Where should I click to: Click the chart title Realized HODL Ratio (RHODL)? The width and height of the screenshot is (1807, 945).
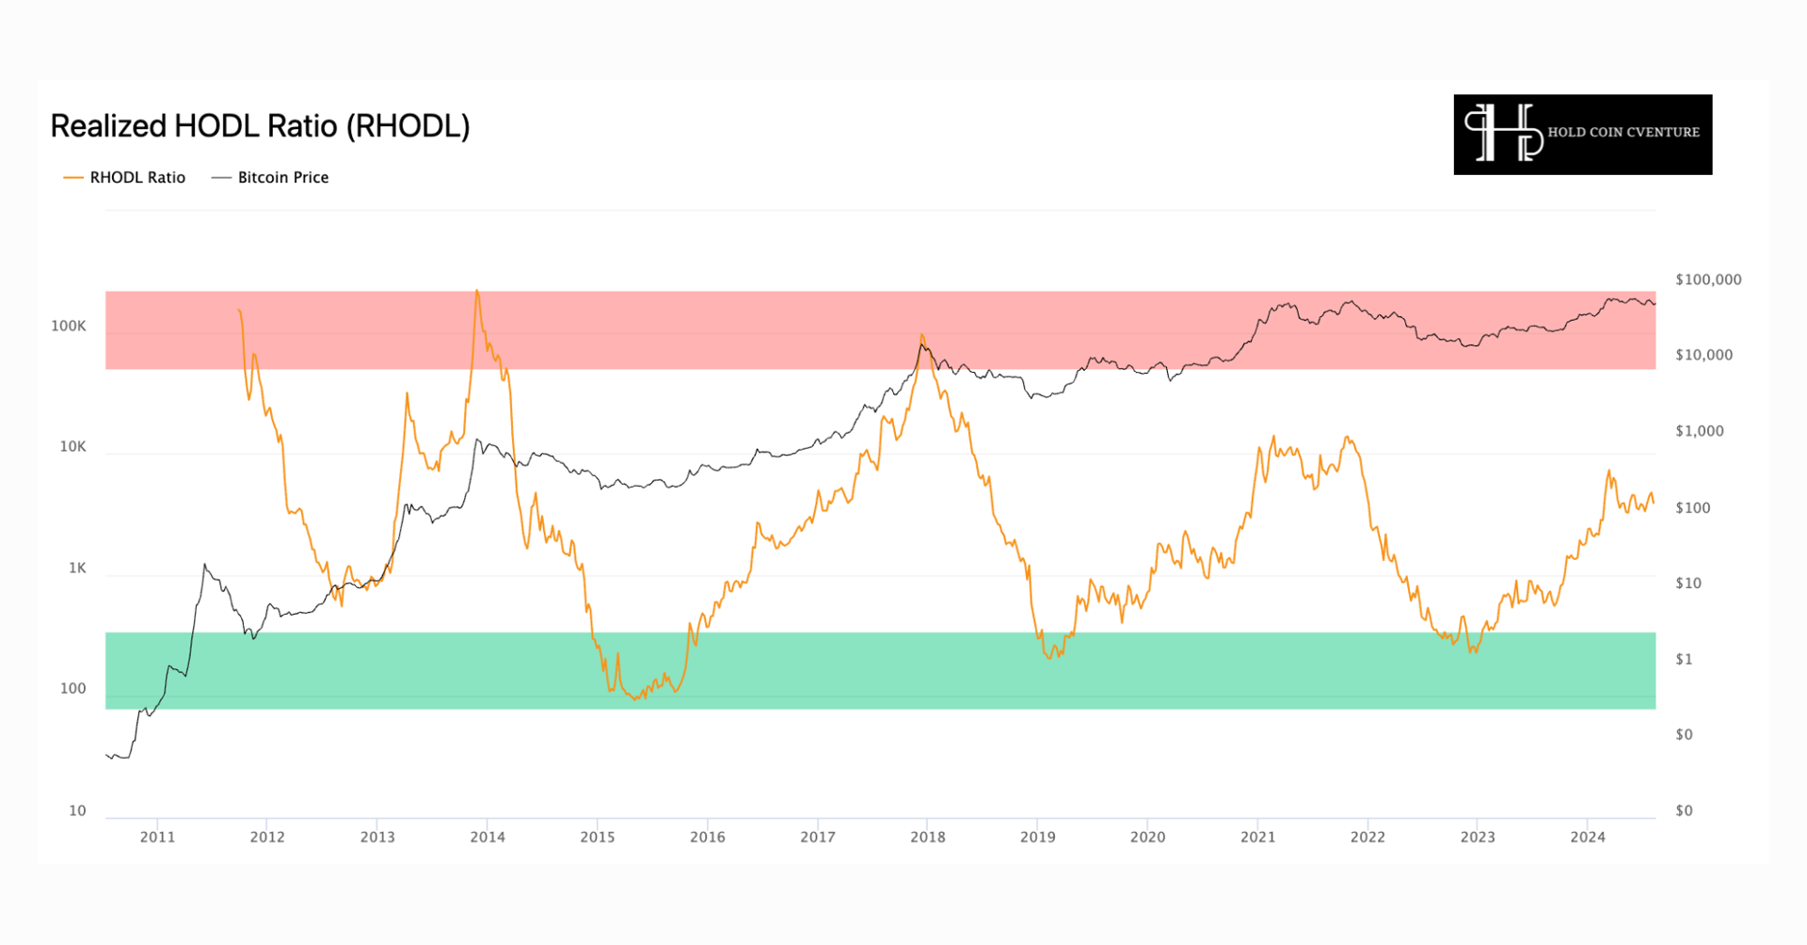click(x=260, y=126)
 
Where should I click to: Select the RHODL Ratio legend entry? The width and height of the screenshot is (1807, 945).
click(x=125, y=178)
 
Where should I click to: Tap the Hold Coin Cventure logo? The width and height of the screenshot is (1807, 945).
click(x=1582, y=134)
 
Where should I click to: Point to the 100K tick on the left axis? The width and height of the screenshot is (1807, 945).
click(x=69, y=326)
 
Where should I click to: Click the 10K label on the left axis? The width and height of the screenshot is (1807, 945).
click(x=72, y=446)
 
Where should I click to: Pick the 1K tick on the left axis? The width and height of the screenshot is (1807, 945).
click(x=77, y=568)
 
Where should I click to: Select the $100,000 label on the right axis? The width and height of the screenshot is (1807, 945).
click(x=1708, y=280)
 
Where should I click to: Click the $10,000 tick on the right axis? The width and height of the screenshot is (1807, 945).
click(x=1703, y=355)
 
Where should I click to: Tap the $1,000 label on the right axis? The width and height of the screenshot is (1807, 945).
click(x=1700, y=431)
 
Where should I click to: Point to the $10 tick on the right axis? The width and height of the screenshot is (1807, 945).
click(x=1688, y=584)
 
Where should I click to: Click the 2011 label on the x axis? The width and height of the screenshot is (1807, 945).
click(x=157, y=837)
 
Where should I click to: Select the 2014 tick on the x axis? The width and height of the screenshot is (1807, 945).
click(x=488, y=837)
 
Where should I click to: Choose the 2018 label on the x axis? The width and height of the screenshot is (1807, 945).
click(x=927, y=837)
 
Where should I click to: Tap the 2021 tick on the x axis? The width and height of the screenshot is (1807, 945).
click(x=1257, y=837)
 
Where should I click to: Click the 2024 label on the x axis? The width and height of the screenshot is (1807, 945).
click(x=1588, y=837)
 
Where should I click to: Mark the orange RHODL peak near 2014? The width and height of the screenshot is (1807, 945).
click(x=477, y=291)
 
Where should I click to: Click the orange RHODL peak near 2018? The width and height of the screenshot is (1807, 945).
click(x=921, y=335)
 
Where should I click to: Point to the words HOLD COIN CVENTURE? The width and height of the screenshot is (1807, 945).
click(x=1623, y=133)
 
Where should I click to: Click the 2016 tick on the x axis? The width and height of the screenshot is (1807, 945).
click(x=708, y=837)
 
